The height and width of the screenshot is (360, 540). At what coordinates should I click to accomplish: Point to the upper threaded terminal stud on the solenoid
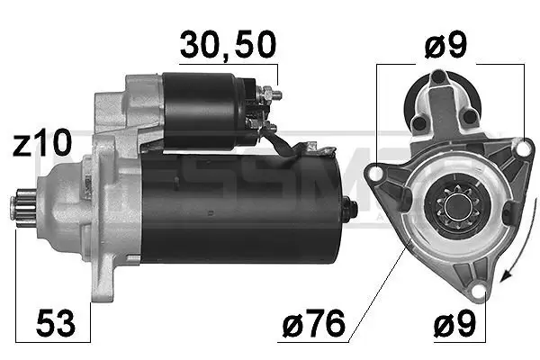tap(274, 94)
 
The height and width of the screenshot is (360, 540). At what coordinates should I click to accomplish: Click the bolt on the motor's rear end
tap(350, 209)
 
